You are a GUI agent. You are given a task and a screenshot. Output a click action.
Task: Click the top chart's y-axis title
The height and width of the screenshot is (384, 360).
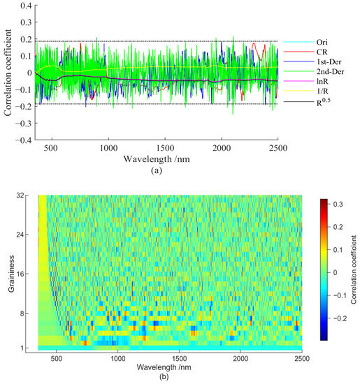[7, 73]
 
